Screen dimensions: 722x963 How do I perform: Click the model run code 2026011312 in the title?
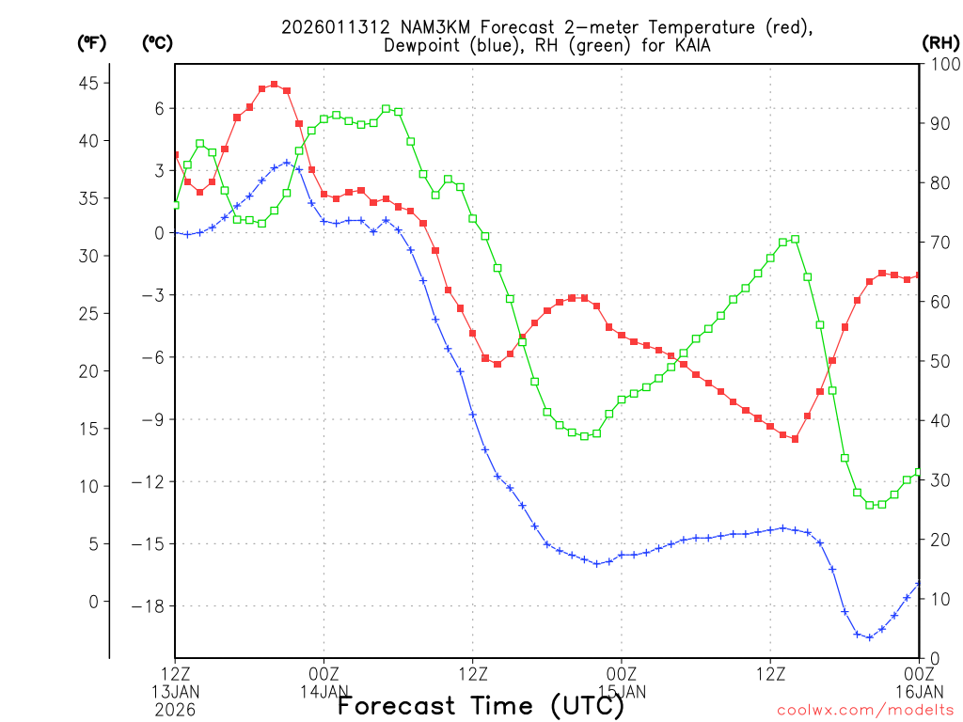[x=326, y=27]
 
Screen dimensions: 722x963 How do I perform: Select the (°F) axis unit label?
[x=92, y=43]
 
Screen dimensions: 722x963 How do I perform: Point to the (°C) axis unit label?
[x=156, y=43]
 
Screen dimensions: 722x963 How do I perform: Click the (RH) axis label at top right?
[x=939, y=43]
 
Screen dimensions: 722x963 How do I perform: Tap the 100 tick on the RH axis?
[x=942, y=64]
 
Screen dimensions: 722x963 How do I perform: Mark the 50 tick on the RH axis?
[x=939, y=361]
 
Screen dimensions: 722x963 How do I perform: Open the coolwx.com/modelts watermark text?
[x=865, y=711]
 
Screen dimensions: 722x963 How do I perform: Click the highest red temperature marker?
[x=274, y=85]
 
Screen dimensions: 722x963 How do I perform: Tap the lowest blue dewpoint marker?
[x=869, y=636]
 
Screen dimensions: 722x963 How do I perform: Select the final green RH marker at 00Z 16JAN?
[x=919, y=472]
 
